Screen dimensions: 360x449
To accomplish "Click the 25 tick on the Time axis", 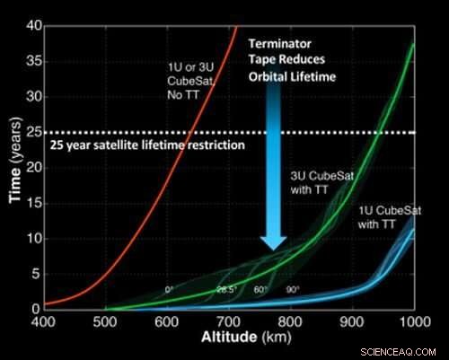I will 33,134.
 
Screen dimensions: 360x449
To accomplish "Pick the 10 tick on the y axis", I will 33,238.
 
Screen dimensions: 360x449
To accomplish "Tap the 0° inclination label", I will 169,289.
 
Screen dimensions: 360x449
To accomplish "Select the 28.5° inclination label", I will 225,289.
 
